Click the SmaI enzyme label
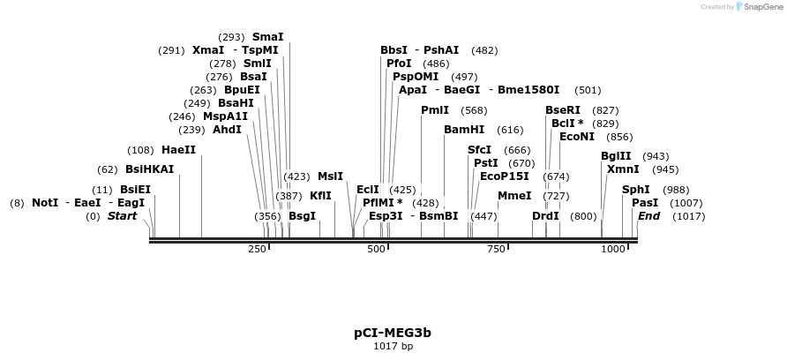tap(268, 37)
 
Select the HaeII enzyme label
tap(178, 150)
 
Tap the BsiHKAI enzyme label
tap(149, 169)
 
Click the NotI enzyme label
tap(45, 203)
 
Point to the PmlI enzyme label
tap(435, 110)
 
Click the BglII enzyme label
tap(616, 156)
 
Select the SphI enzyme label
tap(635, 190)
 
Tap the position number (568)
tap(474, 110)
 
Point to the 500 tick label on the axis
tap(377, 250)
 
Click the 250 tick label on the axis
tap(257, 250)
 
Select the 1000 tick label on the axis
tap(612, 250)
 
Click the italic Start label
tap(122, 216)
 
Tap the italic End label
tap(648, 216)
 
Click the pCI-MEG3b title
tap(393, 333)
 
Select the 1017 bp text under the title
tap(393, 346)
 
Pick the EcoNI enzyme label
tap(577, 137)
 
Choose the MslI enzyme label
tap(330, 176)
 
